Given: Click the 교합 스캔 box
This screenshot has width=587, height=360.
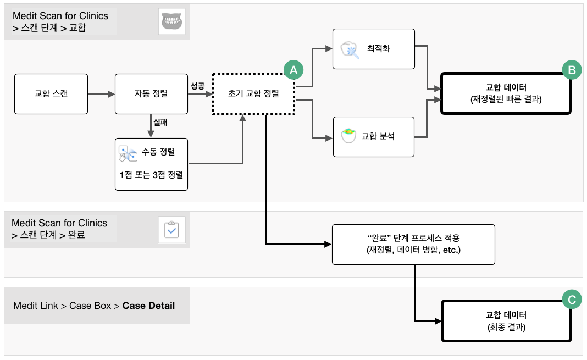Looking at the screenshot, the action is [51, 94].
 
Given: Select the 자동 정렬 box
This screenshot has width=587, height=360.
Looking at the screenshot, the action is [151, 94].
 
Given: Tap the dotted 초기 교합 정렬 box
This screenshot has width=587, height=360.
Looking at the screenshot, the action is [253, 94].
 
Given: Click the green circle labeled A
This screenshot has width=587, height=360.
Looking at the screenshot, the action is [293, 70].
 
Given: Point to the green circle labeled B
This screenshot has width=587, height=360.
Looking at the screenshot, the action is [572, 70].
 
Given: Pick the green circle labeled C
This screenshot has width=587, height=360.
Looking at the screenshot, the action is [572, 300].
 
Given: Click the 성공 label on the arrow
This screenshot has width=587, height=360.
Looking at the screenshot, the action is [198, 86].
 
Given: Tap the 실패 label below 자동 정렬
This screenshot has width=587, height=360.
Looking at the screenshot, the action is [160, 122].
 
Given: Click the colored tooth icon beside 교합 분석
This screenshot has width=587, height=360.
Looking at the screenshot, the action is [348, 135].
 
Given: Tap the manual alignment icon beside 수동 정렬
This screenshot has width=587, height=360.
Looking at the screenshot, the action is [128, 153].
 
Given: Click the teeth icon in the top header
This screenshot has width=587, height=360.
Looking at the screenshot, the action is [172, 21].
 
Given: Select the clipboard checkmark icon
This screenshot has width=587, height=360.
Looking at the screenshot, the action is [172, 230].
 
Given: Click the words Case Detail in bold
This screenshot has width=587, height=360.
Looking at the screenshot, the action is [148, 306].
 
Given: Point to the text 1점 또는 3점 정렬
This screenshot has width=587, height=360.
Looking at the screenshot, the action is [151, 175].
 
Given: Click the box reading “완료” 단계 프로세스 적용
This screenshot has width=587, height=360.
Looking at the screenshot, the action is [413, 245].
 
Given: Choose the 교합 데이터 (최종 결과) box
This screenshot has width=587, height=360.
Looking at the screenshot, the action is [506, 321].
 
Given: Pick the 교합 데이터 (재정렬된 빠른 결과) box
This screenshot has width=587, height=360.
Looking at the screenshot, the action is [506, 93].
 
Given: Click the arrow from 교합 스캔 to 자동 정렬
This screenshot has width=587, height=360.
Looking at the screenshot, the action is [102, 95].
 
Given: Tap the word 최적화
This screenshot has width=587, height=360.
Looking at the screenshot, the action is [379, 48].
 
